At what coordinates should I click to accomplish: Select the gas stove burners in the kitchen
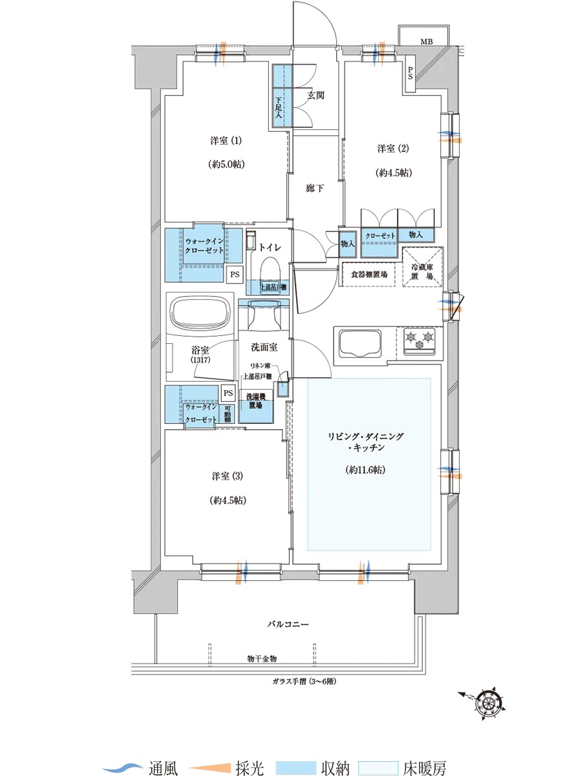point(420,340)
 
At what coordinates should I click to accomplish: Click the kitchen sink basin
point(359,343)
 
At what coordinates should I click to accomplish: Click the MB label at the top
point(427,42)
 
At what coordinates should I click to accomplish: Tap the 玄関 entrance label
point(315,95)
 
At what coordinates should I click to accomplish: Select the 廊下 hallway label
point(314,188)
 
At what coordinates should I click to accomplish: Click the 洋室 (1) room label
point(226,141)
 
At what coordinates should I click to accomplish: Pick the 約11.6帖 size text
point(365,470)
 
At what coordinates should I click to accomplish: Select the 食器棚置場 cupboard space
point(368,275)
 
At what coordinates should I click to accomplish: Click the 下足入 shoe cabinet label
point(279,107)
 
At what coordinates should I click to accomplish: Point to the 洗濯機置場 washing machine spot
point(255,401)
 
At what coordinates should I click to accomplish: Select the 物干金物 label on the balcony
point(262,658)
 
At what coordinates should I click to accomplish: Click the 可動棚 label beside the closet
point(227,414)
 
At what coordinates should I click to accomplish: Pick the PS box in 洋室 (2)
point(411,74)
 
